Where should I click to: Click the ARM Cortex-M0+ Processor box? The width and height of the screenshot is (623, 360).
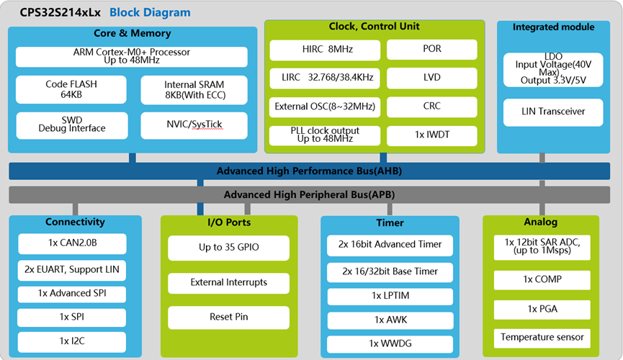click(x=132, y=56)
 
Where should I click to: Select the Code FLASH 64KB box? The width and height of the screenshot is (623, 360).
click(x=71, y=89)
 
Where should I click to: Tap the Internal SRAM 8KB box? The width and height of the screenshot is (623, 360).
click(x=194, y=90)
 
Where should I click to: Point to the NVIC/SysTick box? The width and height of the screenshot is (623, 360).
click(x=194, y=125)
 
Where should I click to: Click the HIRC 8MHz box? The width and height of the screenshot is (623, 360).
click(x=325, y=50)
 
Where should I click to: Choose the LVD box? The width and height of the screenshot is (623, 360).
click(x=432, y=78)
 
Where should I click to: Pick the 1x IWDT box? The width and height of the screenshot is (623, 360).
click(x=432, y=135)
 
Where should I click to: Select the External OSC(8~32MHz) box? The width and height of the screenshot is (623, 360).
click(x=325, y=107)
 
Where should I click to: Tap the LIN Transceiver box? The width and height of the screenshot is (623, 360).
click(x=553, y=112)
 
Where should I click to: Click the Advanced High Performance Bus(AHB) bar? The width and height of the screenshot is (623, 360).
click(x=310, y=171)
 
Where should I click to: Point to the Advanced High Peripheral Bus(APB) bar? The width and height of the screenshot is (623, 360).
click(x=310, y=194)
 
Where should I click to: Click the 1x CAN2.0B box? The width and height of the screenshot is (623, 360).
click(x=72, y=243)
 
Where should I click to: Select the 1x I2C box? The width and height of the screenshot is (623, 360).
click(x=72, y=342)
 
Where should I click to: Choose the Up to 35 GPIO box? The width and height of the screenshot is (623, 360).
click(x=228, y=248)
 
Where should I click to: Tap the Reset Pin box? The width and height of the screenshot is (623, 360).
click(x=228, y=317)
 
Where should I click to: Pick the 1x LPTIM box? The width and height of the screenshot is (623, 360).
click(x=390, y=297)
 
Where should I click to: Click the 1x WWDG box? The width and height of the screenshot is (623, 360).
click(x=390, y=344)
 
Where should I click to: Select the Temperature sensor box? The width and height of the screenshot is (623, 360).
click(x=542, y=338)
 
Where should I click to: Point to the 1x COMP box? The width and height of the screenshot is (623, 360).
click(x=542, y=280)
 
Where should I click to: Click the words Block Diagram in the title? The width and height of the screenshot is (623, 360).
click(x=150, y=13)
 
